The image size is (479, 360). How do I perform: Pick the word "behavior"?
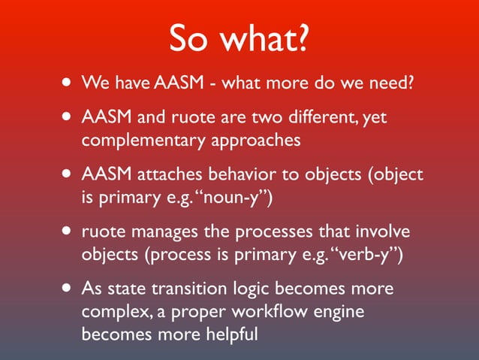pos(246,176)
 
